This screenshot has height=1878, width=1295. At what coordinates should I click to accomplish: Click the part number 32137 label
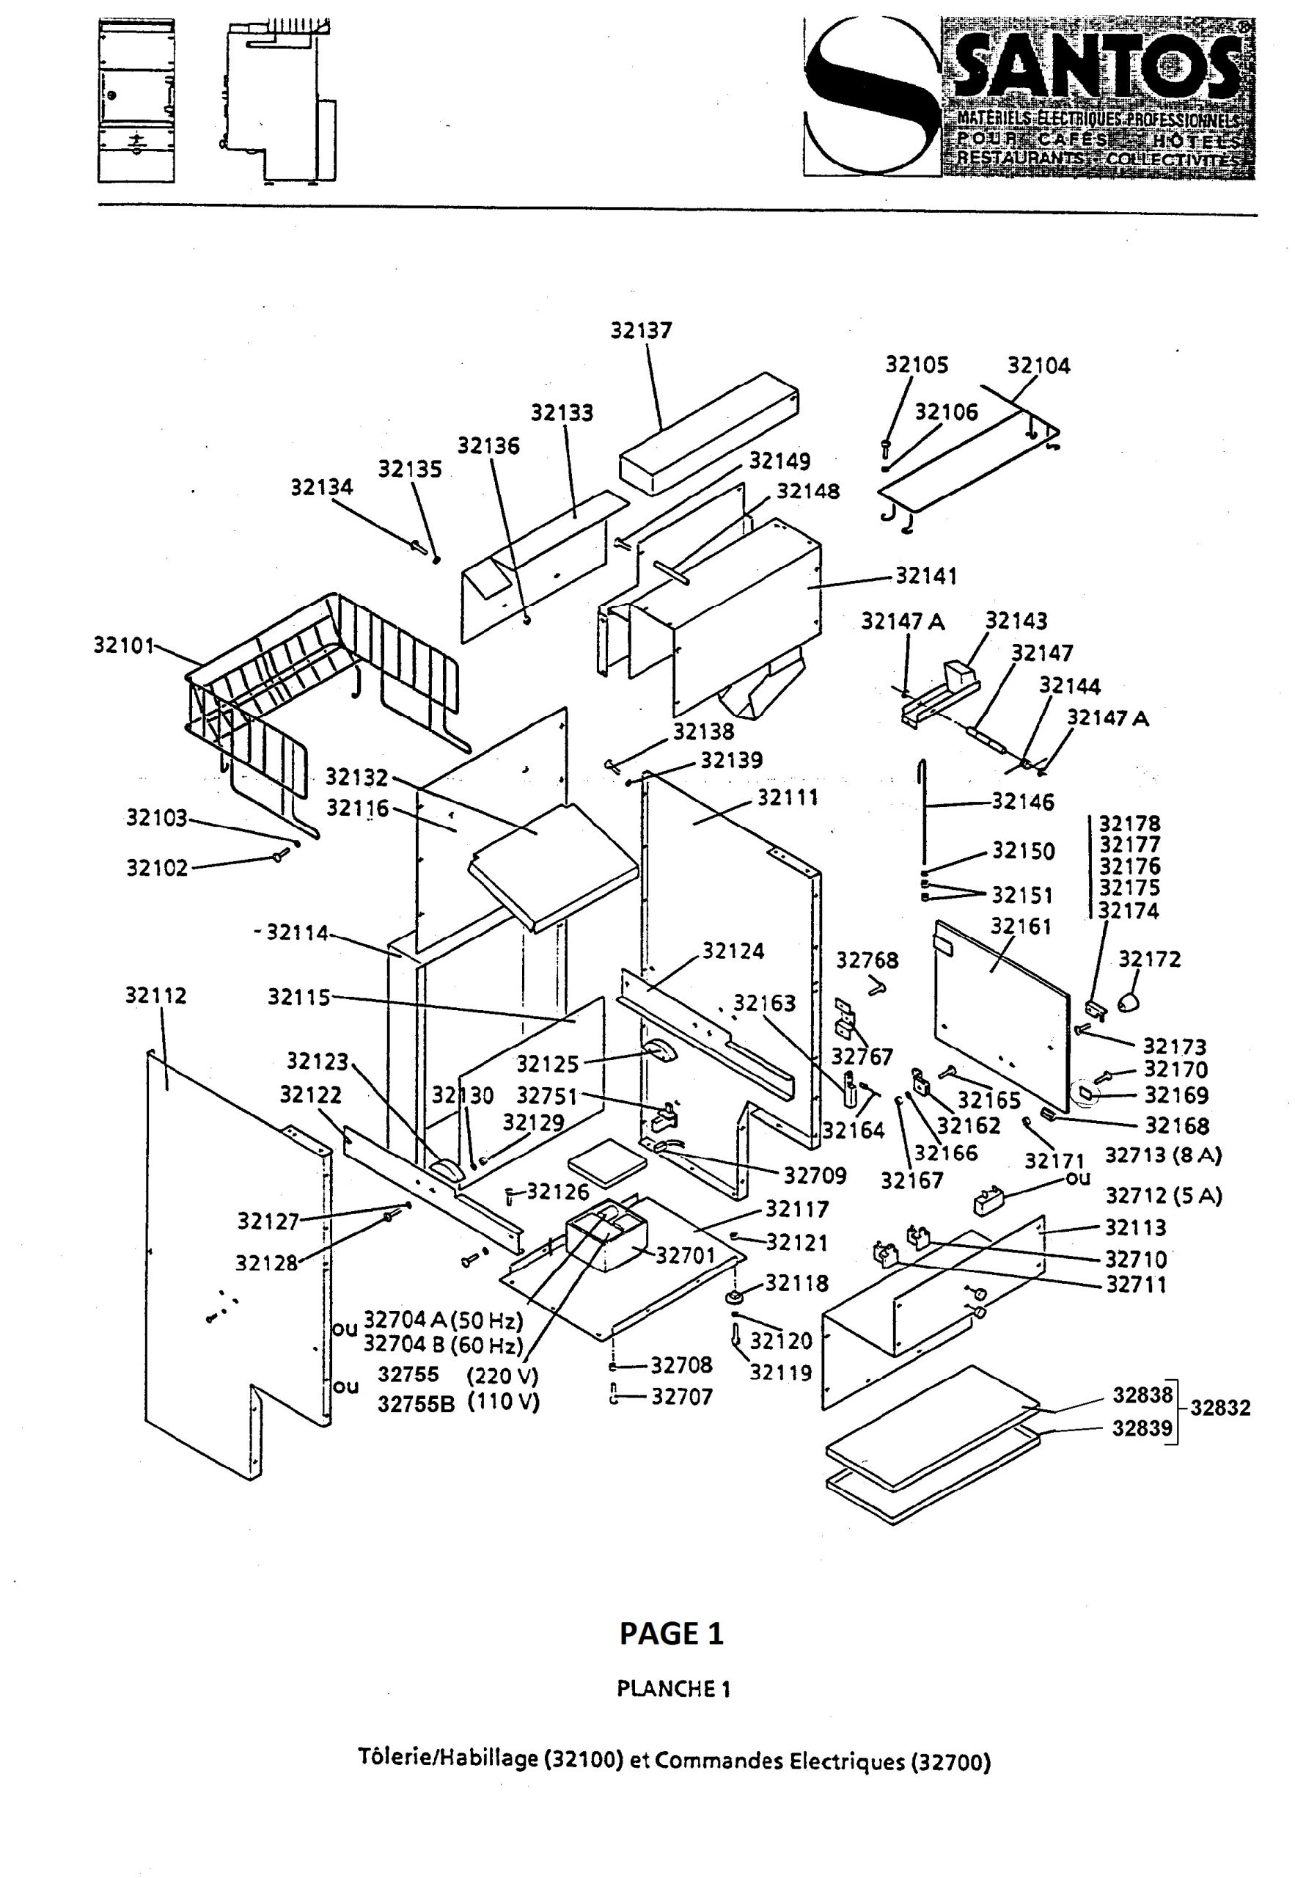click(641, 330)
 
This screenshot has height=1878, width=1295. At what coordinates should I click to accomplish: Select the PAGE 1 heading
click(671, 1634)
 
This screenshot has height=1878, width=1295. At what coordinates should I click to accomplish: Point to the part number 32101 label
click(123, 646)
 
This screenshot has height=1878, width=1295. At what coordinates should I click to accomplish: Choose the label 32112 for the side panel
click(155, 995)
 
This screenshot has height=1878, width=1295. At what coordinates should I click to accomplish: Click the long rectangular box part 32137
click(708, 434)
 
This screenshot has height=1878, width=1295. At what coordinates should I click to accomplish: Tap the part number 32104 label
click(1038, 366)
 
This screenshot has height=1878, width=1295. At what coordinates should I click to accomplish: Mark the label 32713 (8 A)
click(1164, 1155)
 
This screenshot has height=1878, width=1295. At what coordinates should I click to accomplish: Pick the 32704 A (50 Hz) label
click(443, 1320)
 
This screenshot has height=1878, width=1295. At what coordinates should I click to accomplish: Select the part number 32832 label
click(1220, 1408)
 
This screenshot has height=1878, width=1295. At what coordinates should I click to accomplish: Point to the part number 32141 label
click(926, 576)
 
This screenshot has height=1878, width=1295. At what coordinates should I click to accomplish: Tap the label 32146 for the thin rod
click(1022, 803)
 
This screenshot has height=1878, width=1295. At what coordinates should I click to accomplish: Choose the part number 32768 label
click(867, 961)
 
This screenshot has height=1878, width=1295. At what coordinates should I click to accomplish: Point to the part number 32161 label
click(1021, 927)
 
